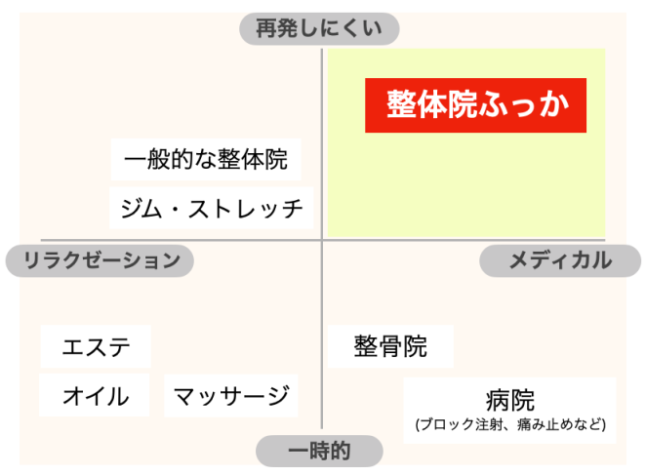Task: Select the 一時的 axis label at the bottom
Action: coord(319,451)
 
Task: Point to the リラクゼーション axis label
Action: coord(100,260)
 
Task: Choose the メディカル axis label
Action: coord(559,260)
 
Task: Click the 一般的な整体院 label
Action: coord(206,159)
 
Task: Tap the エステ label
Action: coord(96,346)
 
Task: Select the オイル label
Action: coord(95,396)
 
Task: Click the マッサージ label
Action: coord(231,396)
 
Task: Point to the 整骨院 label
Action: coord(390,346)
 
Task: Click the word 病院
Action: coord(509,400)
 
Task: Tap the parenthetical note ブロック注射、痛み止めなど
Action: coord(509,425)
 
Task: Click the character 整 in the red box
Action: coord(400,104)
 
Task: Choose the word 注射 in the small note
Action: coord(477,425)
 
